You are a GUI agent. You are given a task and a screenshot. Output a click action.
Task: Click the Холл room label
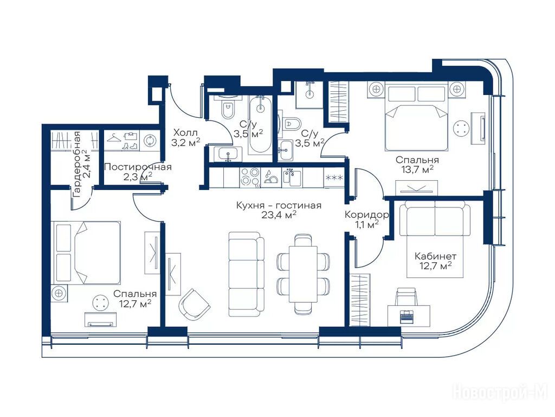[x=184, y=134]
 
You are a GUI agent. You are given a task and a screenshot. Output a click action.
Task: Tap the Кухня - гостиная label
[x=279, y=205]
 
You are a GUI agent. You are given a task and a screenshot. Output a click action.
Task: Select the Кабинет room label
[x=435, y=256]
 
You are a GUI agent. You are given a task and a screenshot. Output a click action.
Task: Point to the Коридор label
[x=367, y=215]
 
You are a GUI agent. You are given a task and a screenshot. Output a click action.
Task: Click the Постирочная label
[x=138, y=167]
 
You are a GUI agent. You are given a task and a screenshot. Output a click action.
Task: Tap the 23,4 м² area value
[x=279, y=215]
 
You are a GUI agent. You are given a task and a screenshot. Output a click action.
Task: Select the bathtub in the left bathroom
[x=261, y=125]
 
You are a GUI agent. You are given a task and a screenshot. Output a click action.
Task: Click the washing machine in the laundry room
[x=150, y=141]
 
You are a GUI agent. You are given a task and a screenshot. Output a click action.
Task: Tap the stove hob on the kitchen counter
[x=249, y=178]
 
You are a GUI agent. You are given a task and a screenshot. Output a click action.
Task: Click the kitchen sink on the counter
[x=292, y=178]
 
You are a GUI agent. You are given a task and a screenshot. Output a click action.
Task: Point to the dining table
[x=304, y=274]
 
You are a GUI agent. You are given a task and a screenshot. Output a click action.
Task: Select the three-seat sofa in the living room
[x=247, y=274]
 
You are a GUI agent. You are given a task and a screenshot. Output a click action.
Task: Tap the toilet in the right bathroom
[x=292, y=124]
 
